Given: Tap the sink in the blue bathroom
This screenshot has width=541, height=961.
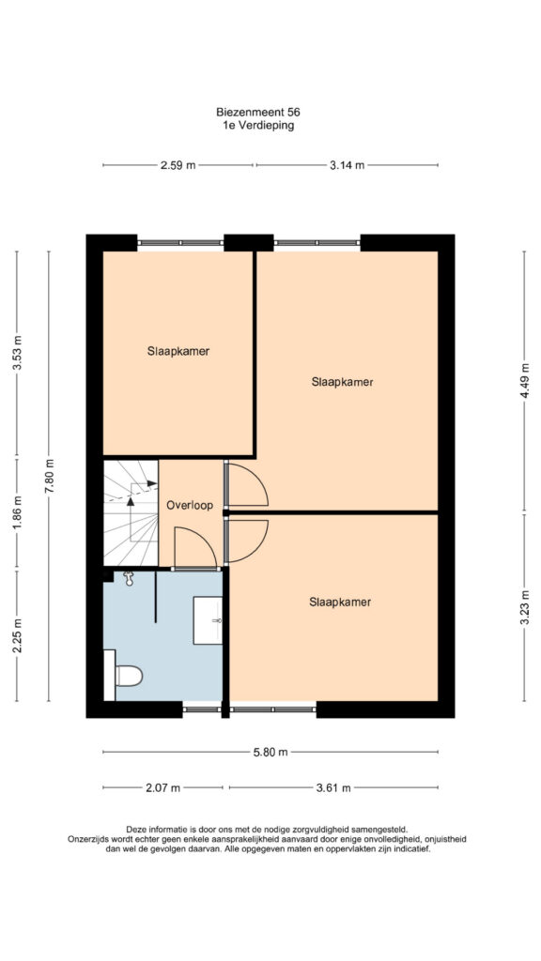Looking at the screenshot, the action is [x=208, y=620].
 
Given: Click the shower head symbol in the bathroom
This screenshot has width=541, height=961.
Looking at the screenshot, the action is [x=128, y=578].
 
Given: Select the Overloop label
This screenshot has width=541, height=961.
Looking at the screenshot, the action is [x=190, y=506].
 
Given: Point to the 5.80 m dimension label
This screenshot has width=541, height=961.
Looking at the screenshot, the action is [x=270, y=753].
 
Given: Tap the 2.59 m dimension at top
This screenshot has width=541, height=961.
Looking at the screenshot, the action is [x=178, y=165].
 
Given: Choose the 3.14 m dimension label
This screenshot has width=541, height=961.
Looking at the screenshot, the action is [x=348, y=165].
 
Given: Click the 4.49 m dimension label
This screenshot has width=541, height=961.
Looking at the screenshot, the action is [x=525, y=381].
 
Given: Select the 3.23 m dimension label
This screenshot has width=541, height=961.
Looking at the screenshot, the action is [x=525, y=606].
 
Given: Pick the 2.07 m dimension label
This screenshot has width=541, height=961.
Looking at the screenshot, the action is [x=163, y=788].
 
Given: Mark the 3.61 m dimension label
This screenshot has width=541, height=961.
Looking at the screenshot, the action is [x=333, y=788].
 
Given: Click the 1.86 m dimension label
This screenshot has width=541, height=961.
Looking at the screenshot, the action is [x=18, y=513].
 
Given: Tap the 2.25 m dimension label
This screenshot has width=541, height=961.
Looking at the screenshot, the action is [x=18, y=635].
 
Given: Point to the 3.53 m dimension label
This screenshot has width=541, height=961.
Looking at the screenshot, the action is [x=18, y=354].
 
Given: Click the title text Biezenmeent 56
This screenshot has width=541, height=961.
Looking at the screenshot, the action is [x=258, y=113].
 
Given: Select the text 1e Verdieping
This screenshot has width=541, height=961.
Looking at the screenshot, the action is [x=258, y=126].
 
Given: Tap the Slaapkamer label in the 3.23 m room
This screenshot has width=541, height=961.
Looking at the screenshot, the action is [x=340, y=602].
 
